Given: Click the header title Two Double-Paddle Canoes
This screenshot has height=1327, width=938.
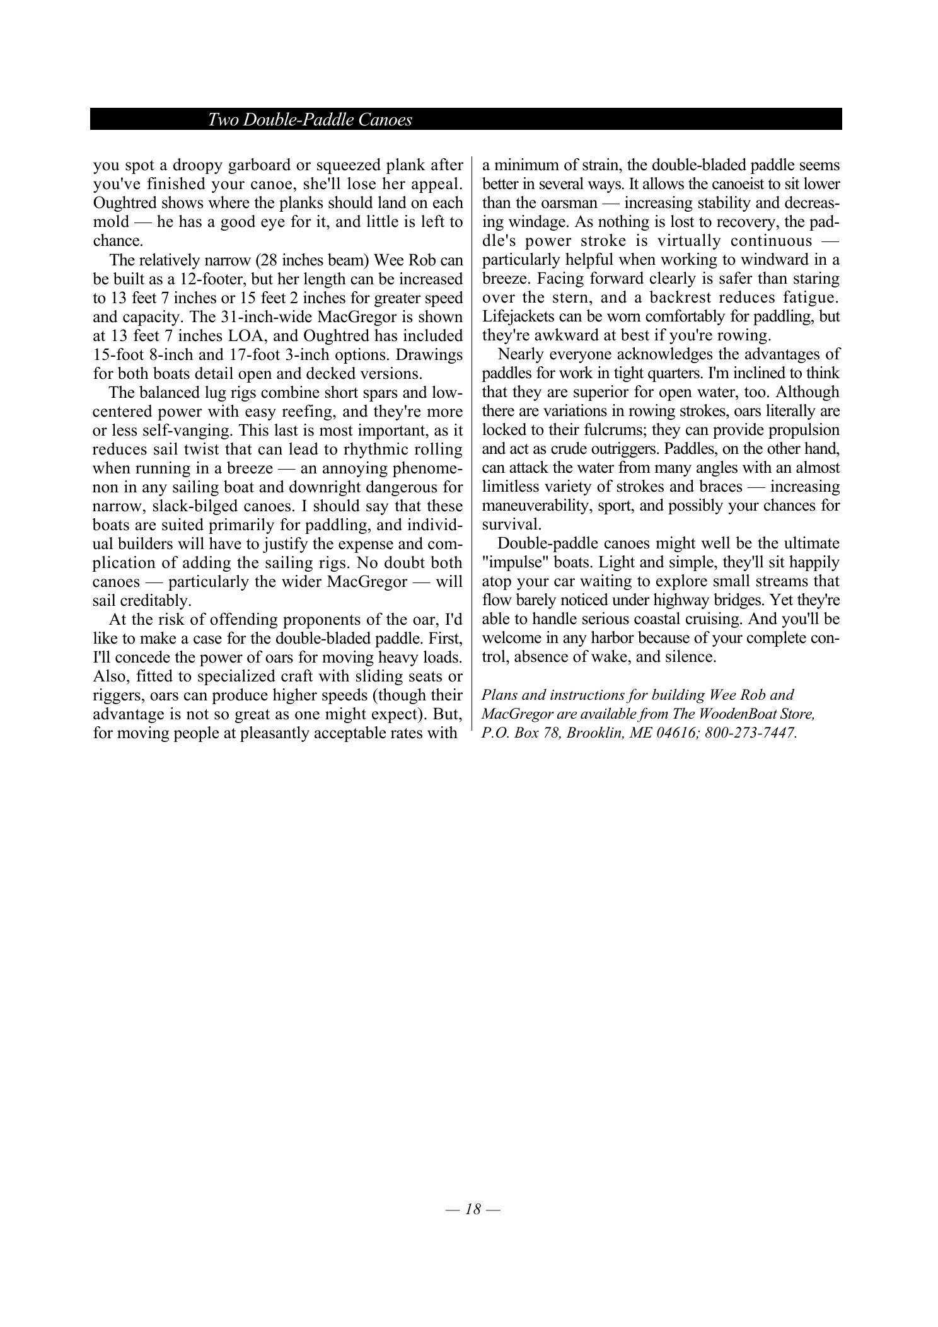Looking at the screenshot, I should (310, 120).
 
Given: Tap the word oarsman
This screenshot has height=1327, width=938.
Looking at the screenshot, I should (560, 203).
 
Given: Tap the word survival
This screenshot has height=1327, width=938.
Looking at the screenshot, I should (511, 524).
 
